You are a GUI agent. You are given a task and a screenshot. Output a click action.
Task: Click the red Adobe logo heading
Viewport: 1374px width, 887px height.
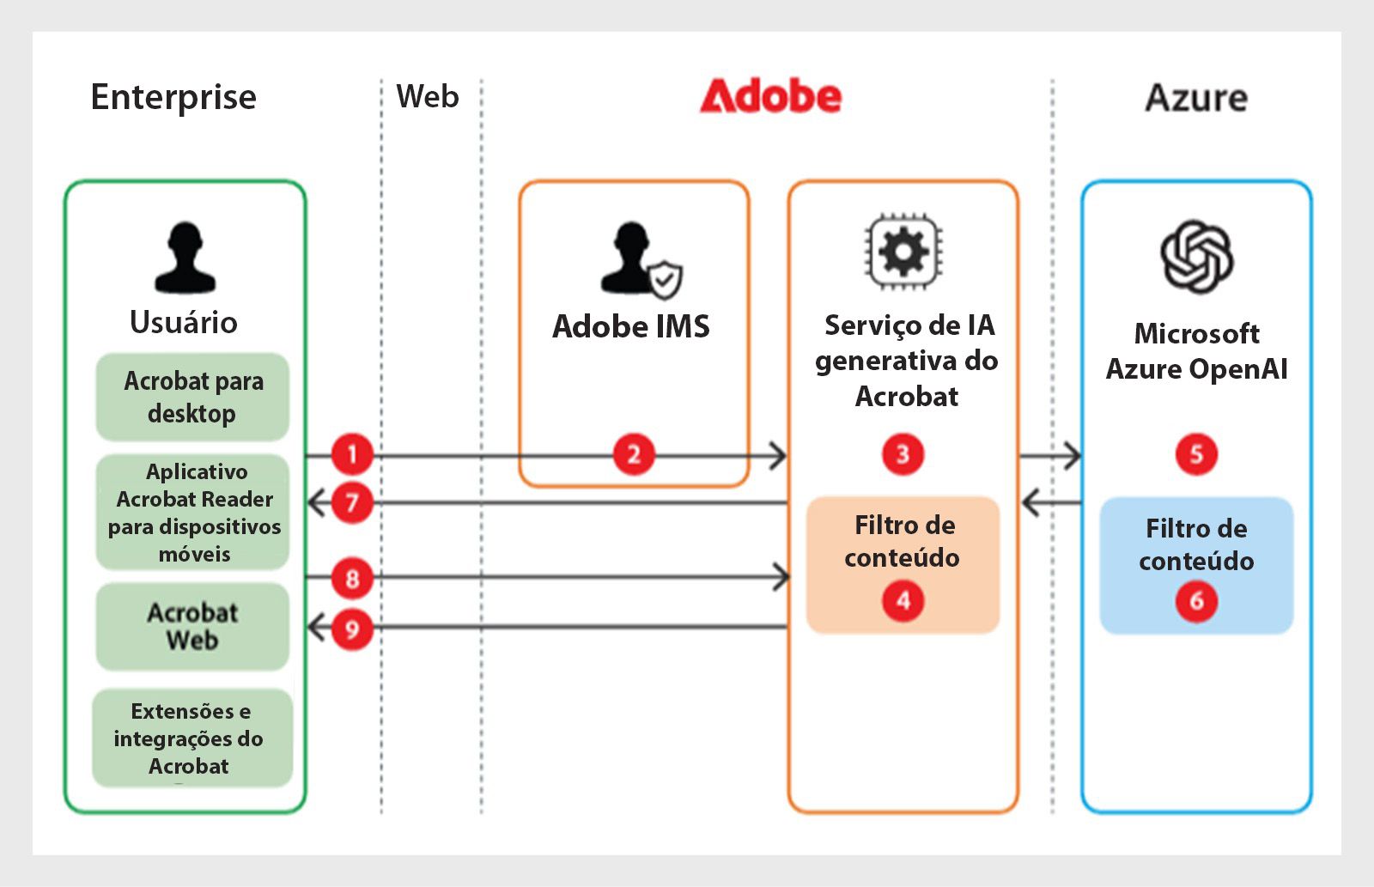(x=770, y=97)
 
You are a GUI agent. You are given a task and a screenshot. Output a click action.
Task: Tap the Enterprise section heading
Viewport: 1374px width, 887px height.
(x=173, y=98)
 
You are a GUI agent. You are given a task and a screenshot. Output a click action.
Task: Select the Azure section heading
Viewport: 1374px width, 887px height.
(x=1195, y=98)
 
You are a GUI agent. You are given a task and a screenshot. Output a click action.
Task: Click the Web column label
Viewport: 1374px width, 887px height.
(x=428, y=96)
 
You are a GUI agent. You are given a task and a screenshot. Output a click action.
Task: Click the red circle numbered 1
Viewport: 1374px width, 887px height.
(x=352, y=454)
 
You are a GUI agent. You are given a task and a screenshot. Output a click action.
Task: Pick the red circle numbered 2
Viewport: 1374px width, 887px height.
(x=634, y=454)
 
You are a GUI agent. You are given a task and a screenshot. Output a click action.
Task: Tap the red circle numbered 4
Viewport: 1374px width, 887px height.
(x=903, y=600)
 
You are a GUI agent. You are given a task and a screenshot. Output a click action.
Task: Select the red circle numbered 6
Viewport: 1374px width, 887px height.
(x=1196, y=600)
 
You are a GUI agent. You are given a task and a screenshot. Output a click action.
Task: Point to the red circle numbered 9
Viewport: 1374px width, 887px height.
(x=352, y=629)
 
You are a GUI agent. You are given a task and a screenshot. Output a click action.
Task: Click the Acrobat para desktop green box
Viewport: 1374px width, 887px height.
(x=192, y=397)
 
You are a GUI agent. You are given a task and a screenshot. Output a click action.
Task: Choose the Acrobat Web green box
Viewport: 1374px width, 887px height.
(x=192, y=626)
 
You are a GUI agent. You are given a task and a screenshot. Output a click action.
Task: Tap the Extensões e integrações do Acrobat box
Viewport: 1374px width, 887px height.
(x=191, y=738)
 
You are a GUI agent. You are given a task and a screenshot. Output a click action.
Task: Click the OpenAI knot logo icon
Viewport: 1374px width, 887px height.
(x=1196, y=256)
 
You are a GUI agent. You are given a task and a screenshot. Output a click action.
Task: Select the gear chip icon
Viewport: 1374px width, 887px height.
(x=903, y=252)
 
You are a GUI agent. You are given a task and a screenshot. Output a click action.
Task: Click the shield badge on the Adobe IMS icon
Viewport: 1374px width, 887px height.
(x=665, y=280)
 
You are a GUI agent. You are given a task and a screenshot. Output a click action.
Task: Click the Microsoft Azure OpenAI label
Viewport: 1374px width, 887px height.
(x=1196, y=351)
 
